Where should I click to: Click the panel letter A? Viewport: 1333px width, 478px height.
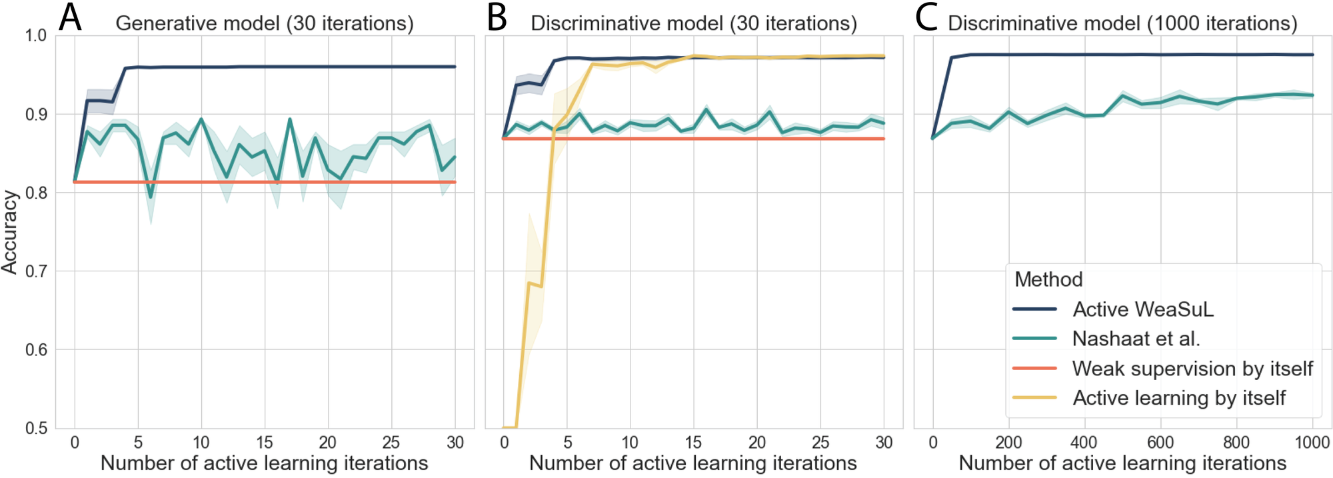(70, 18)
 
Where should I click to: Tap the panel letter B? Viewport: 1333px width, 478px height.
(497, 18)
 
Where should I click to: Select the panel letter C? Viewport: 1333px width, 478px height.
(926, 18)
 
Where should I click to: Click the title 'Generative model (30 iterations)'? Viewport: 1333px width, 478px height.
(265, 24)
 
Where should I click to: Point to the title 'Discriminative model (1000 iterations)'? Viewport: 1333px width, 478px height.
(1122, 24)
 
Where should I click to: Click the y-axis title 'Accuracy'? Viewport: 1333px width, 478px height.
(9, 232)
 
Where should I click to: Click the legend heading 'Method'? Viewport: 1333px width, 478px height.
(1048, 279)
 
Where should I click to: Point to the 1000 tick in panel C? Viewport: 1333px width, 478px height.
(1312, 443)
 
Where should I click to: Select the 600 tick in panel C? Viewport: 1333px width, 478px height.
(1160, 443)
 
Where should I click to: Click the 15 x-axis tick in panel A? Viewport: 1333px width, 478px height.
(265, 443)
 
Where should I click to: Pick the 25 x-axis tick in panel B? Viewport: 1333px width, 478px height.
(820, 443)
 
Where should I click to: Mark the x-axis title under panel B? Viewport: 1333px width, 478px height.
(693, 463)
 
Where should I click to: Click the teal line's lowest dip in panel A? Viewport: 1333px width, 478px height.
(151, 197)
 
